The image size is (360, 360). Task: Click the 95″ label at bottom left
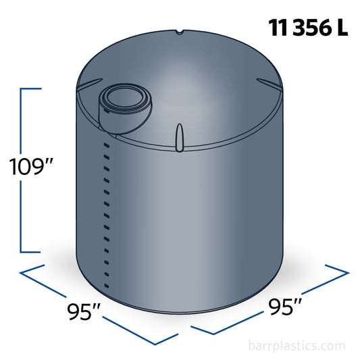click(84, 311)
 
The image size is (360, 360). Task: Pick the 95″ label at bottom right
click(284, 307)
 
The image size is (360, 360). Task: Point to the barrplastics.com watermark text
click(297, 346)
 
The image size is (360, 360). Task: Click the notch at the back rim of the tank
click(179, 32)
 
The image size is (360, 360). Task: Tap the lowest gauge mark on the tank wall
click(105, 274)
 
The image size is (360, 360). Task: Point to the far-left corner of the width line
click(22, 272)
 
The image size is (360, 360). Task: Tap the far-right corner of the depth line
click(348, 272)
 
